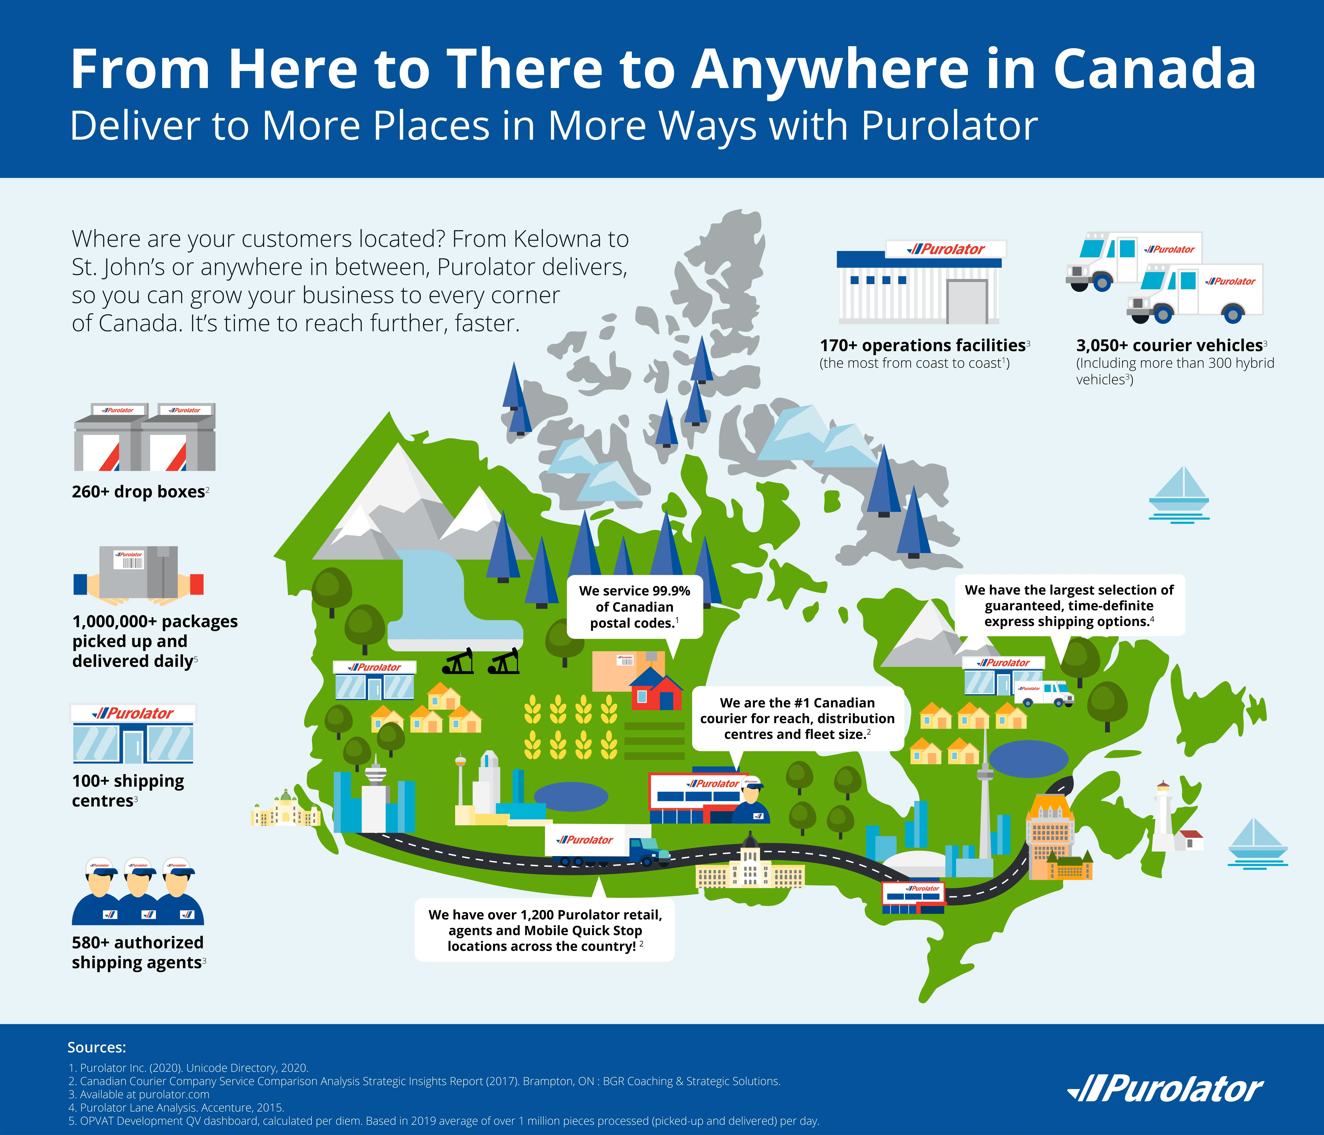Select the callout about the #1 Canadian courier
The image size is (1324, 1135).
coord(798,718)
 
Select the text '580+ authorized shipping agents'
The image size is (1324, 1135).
coord(138,952)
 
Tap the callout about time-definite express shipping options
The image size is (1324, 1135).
coord(1070,605)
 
